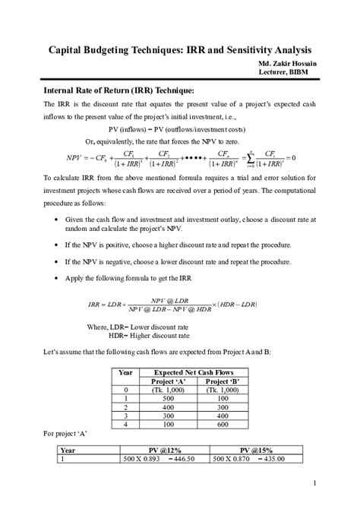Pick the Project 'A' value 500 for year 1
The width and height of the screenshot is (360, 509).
coord(159,399)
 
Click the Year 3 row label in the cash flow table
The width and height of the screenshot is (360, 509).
coord(125,417)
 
